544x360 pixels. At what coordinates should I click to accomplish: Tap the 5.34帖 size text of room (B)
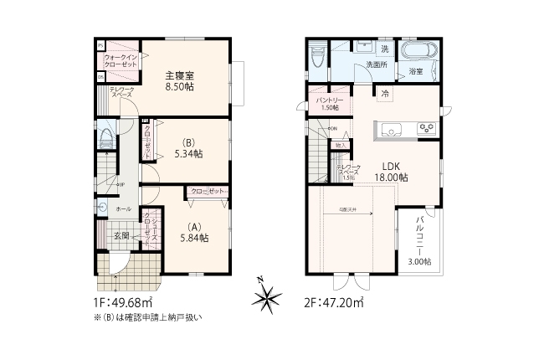(188, 154)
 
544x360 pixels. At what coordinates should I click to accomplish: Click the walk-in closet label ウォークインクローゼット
(121, 60)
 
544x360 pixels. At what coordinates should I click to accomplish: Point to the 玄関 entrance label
(121, 235)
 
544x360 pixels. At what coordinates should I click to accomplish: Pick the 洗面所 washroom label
(373, 65)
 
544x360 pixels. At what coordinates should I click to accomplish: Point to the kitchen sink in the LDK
(391, 129)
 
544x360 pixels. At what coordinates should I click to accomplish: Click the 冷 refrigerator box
(386, 93)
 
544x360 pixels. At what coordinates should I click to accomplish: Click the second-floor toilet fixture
(317, 57)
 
